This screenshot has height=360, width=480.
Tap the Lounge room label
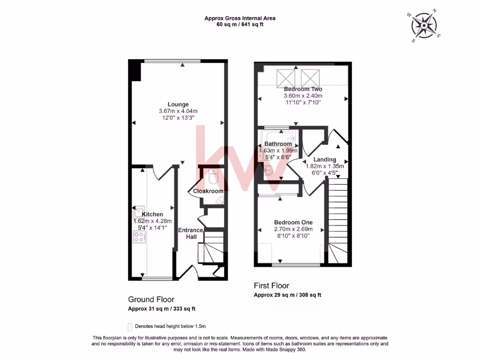[x=178, y=105]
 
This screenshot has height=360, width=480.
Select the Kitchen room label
[x=152, y=214]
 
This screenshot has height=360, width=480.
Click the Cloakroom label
[x=208, y=191]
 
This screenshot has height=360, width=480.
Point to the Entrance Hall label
[x=191, y=233]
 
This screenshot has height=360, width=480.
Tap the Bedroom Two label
[x=303, y=89]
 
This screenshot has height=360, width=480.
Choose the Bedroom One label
[x=293, y=222]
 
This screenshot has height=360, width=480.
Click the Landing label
[x=325, y=160]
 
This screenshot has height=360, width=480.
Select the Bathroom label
[x=278, y=144]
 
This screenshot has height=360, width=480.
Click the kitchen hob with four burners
[x=139, y=238]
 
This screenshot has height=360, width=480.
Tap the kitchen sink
[x=139, y=210]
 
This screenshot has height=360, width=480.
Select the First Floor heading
[x=271, y=285]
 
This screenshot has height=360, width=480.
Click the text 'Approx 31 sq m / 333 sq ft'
[x=162, y=309]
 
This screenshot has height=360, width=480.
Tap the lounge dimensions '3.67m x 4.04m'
[x=178, y=111]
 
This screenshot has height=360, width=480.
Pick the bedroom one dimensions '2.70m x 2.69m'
[x=293, y=229]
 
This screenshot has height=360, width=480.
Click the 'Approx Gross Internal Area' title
[x=240, y=18]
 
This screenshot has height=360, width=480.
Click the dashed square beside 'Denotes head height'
[x=129, y=327]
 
